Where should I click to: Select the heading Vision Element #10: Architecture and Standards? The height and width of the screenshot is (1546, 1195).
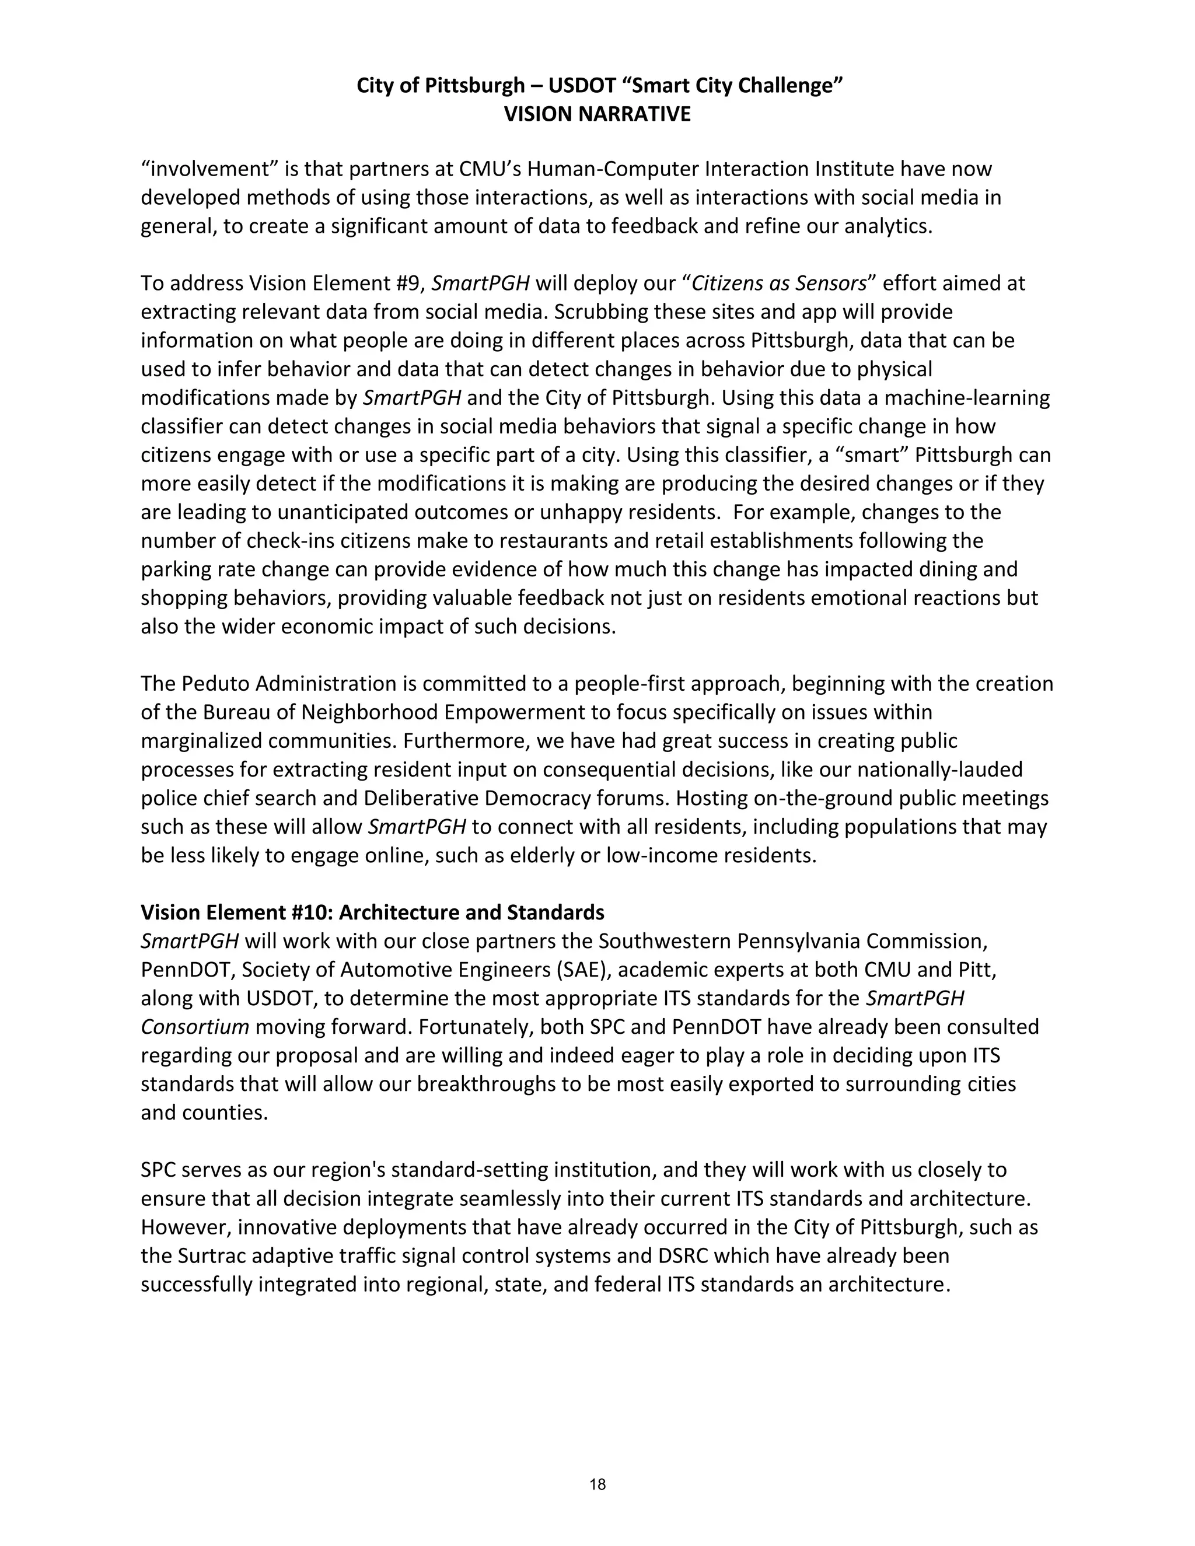click(x=372, y=912)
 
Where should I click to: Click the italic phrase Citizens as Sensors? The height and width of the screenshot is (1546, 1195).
click(x=779, y=283)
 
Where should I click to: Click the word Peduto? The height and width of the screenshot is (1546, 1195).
click(x=215, y=684)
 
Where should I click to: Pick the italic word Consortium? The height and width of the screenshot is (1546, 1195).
click(x=195, y=1027)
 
